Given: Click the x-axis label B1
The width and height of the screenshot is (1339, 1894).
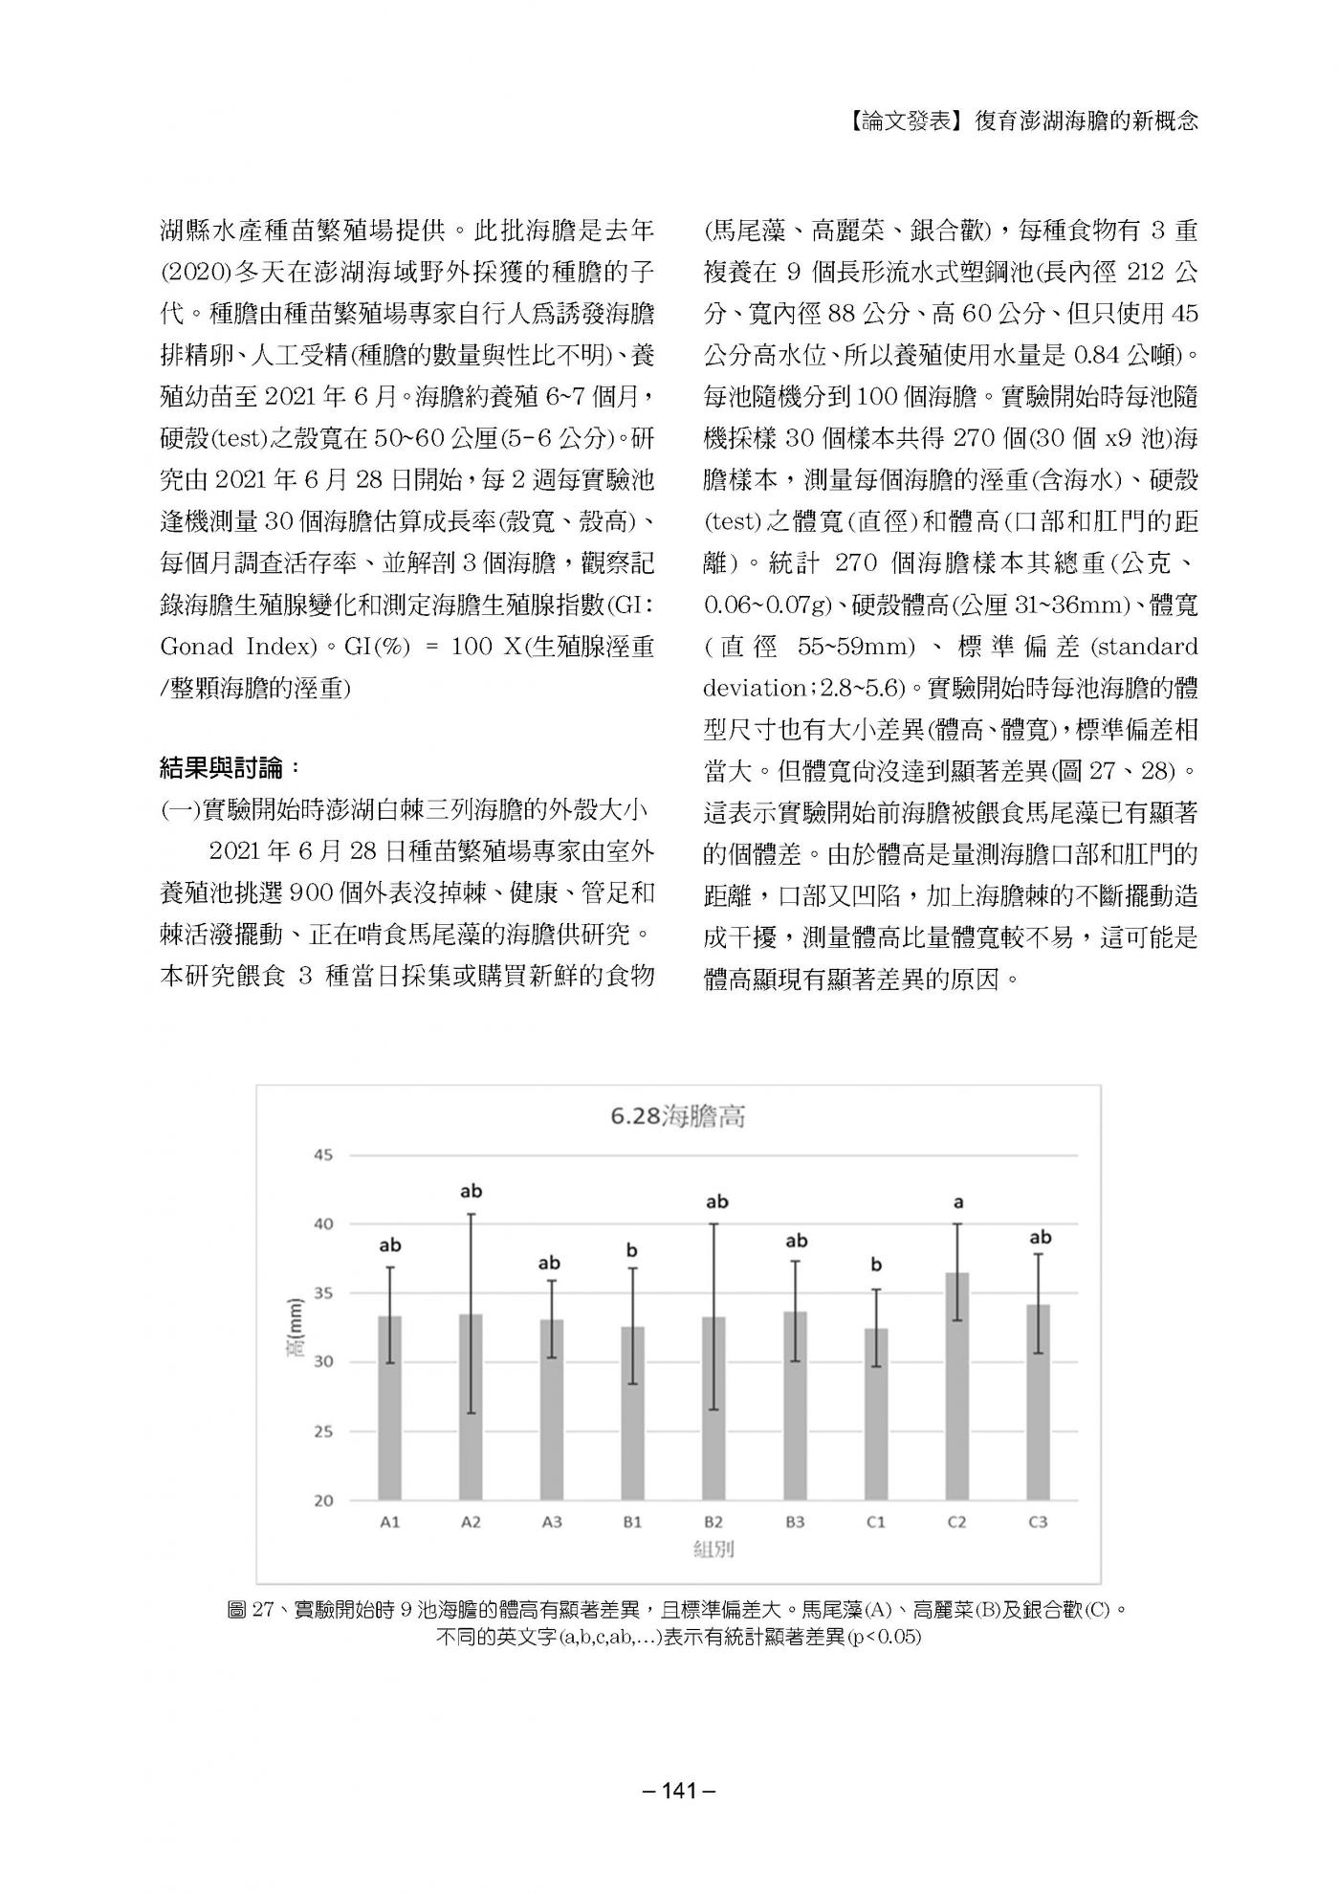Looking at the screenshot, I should [x=632, y=1522].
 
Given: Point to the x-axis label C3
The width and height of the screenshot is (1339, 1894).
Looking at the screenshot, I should [x=1038, y=1522].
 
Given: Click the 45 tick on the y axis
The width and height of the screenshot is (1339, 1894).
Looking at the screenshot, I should [x=323, y=1155].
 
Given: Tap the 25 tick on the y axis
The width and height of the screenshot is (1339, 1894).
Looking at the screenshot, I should [x=323, y=1432].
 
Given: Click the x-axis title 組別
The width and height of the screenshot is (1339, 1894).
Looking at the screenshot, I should [x=713, y=1549].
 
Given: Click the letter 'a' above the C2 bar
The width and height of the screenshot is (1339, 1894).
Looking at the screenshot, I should [x=957, y=1202].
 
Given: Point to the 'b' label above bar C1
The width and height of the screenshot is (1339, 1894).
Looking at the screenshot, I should [x=876, y=1266].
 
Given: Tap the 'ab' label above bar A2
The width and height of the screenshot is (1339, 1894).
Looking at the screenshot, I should [x=471, y=1191].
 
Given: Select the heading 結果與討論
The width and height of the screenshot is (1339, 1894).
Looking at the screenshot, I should [x=230, y=767].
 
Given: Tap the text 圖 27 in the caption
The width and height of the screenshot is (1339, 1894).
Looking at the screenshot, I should [x=251, y=1609].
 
